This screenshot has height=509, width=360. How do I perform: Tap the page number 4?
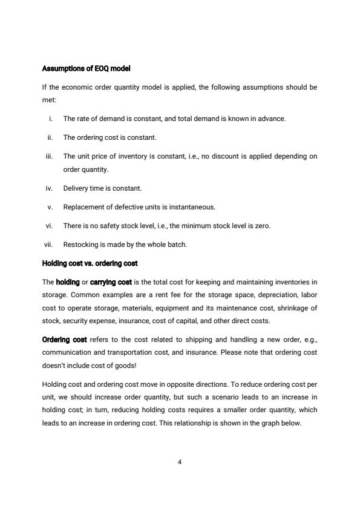coord(180,462)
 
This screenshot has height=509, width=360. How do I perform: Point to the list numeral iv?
coord(50,188)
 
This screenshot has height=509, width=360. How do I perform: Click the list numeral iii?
coord(50,156)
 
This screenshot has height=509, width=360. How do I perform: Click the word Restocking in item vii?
coord(79,245)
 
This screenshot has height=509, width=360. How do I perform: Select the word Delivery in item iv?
coord(75,188)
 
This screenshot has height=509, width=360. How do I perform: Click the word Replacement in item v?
coord(82,207)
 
